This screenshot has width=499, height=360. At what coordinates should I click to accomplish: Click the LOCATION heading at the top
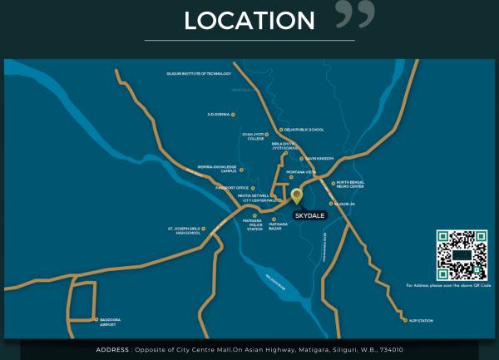[x=249, y=20]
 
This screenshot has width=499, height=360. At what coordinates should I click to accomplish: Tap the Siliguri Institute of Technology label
[x=199, y=74]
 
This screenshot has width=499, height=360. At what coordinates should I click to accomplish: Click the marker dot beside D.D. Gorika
[x=233, y=114]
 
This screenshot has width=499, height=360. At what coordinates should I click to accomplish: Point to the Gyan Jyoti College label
[x=253, y=136]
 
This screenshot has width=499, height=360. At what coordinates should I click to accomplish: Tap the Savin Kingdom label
[x=319, y=158]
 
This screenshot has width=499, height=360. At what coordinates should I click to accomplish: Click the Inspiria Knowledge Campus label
[x=216, y=169]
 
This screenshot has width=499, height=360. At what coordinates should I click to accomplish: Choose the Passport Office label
[x=232, y=188]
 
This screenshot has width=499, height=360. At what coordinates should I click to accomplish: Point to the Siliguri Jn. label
[x=345, y=203]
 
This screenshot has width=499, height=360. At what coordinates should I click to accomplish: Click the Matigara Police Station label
[x=253, y=224]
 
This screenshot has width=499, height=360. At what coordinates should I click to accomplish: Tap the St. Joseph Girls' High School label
[x=184, y=230]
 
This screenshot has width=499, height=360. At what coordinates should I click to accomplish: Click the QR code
[x=461, y=254]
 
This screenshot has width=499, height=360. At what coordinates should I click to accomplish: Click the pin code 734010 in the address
[x=390, y=350]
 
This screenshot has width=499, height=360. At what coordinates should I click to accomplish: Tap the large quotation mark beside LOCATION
[x=354, y=14]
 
